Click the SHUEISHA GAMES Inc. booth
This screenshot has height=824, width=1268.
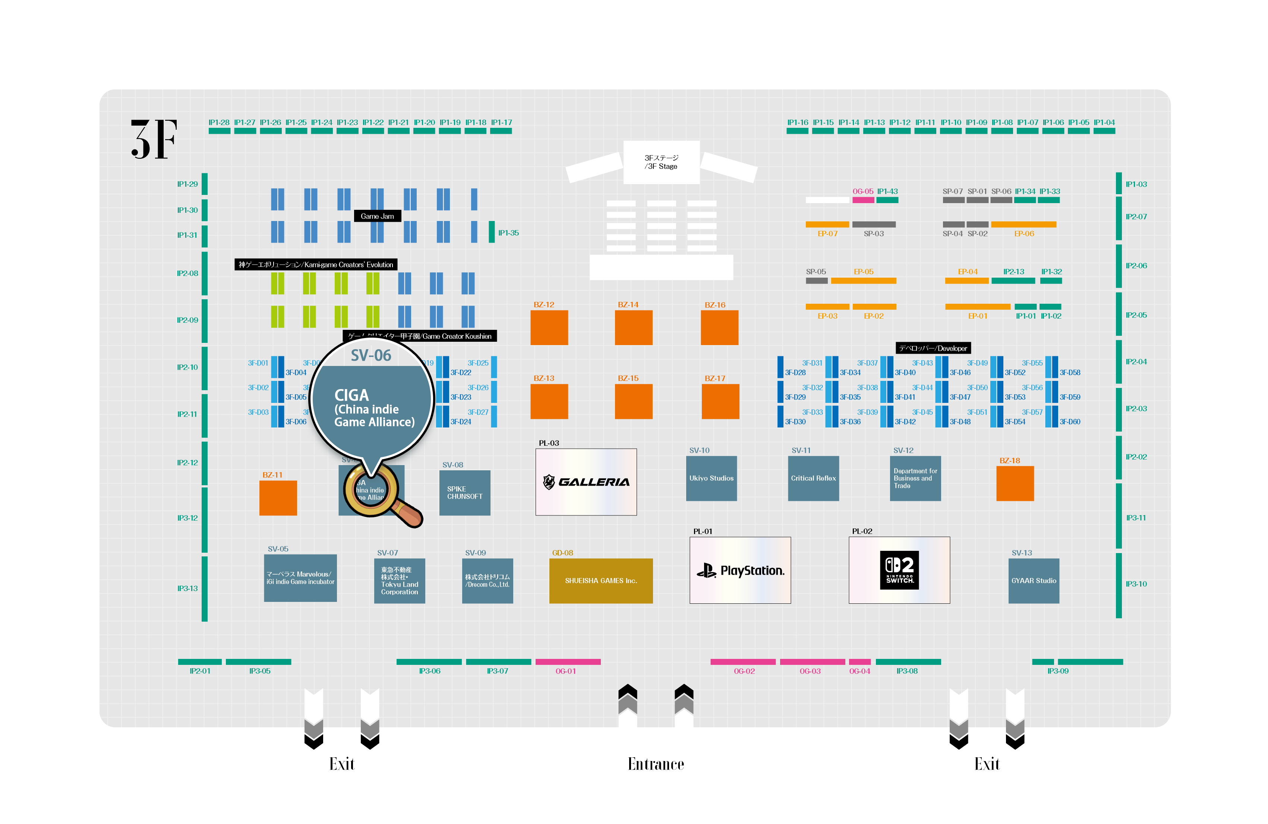(x=600, y=581)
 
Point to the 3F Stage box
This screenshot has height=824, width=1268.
(x=661, y=162)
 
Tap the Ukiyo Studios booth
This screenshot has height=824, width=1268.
(x=711, y=478)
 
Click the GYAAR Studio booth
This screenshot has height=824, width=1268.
(x=1033, y=581)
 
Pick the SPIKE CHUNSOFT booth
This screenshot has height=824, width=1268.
(x=464, y=493)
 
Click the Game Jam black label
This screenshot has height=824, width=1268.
(x=377, y=216)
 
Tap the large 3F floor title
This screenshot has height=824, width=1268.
(x=154, y=139)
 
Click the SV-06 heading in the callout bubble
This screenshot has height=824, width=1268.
(x=371, y=355)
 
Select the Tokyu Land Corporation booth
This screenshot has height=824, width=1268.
(x=399, y=581)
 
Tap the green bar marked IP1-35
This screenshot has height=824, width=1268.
(x=491, y=232)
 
